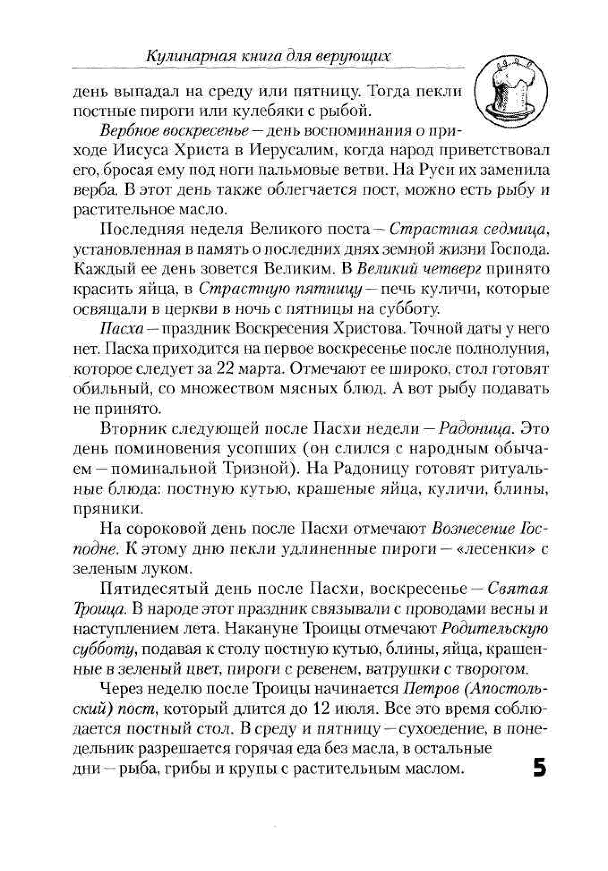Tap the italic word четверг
455,269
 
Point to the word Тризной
254,468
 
